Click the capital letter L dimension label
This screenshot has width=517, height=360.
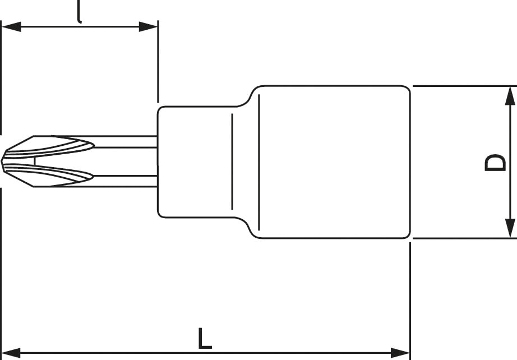point(205,338)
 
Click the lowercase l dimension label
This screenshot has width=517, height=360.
point(79,12)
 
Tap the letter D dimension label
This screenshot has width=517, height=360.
point(495,163)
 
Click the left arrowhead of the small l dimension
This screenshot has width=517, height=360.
point(12,27)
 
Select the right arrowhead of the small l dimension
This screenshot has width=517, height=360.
point(148,27)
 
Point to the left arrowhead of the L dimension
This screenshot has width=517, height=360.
point(11,353)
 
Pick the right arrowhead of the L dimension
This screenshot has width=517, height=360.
point(400,353)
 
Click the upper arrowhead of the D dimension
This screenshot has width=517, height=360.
point(510,96)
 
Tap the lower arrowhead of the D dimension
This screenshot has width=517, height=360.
point(510,228)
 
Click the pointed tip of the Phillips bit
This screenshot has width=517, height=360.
point(2,161)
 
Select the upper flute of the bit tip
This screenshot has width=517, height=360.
point(49,147)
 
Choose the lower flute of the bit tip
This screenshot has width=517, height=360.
point(49,175)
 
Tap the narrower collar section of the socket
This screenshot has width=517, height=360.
point(196,162)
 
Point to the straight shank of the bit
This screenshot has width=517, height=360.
point(125,161)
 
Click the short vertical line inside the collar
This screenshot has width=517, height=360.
point(232,162)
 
